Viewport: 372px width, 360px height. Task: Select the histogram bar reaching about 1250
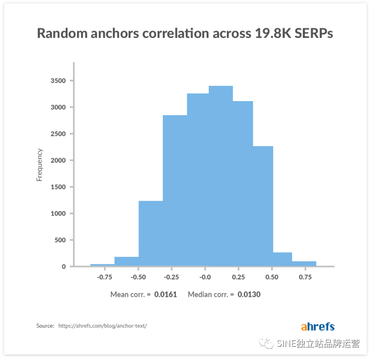pos(150,233)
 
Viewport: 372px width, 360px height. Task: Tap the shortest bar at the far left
pos(102,265)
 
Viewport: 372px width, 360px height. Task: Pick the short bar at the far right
pos(304,264)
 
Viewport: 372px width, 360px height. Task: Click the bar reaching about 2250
pos(263,206)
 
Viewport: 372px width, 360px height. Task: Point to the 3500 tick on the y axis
pos(58,81)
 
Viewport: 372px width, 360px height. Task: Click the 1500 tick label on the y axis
pos(58,187)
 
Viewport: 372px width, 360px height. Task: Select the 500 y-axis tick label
pos(60,240)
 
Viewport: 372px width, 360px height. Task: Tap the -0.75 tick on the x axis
pos(105,277)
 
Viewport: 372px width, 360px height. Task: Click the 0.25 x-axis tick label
pos(239,277)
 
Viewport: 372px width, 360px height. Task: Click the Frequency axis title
pos(40,165)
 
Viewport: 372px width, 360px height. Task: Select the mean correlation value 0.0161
pos(165,294)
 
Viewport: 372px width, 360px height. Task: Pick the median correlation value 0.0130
pos(249,294)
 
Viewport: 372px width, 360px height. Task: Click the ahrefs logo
pos(317,327)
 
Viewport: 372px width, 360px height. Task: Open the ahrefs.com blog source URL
pos(103,326)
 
